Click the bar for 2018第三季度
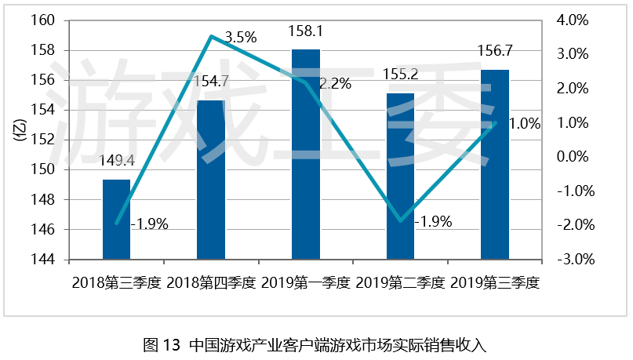[117, 220]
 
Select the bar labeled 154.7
[211, 180]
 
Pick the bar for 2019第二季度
[400, 176]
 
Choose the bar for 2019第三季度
[494, 165]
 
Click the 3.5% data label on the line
[240, 37]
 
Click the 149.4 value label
[117, 162]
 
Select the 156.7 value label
[494, 51]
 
